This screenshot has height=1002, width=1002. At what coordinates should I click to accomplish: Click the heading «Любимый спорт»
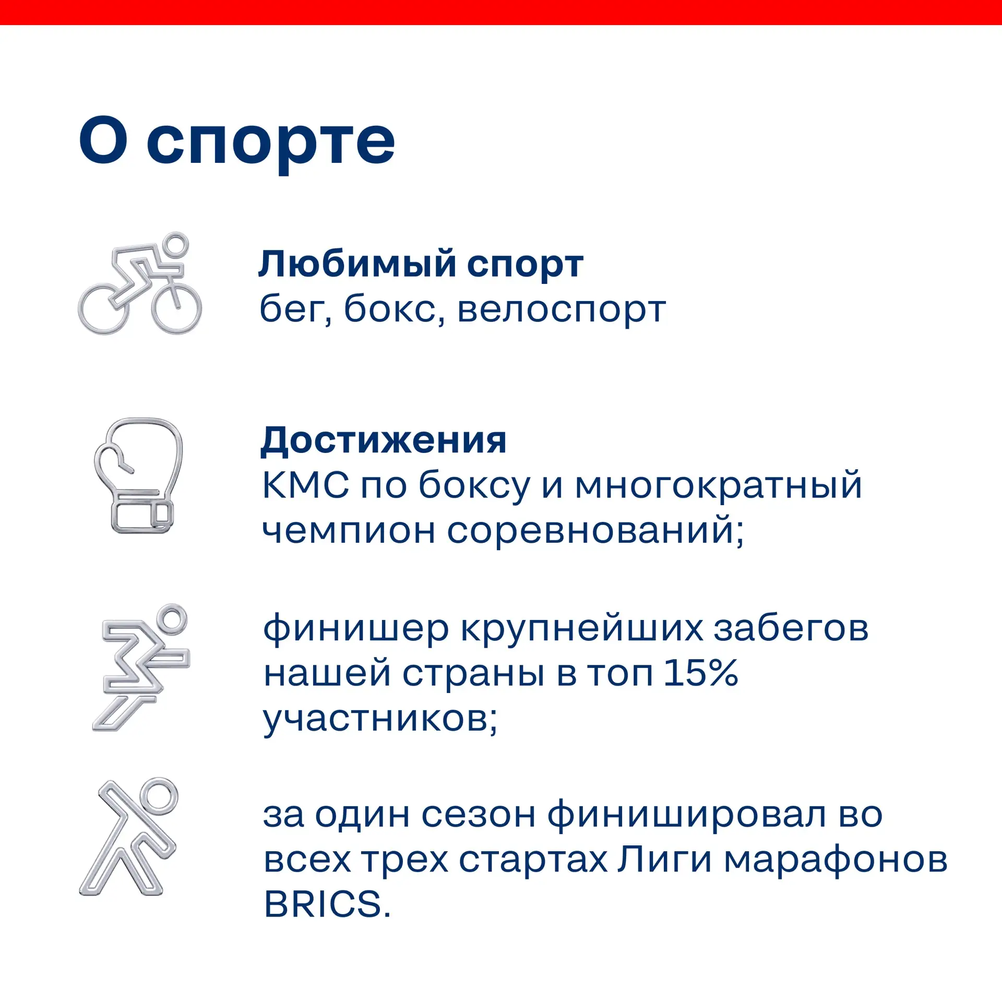[x=421, y=265]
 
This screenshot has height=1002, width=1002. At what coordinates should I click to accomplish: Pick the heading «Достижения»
[x=384, y=442]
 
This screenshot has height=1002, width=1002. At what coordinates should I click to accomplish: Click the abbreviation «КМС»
[x=305, y=485]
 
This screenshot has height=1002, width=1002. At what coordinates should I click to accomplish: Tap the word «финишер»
[x=355, y=629]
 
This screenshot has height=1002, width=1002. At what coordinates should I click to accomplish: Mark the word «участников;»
[x=380, y=721]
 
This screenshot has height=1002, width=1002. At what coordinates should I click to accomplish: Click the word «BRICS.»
[x=327, y=904]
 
